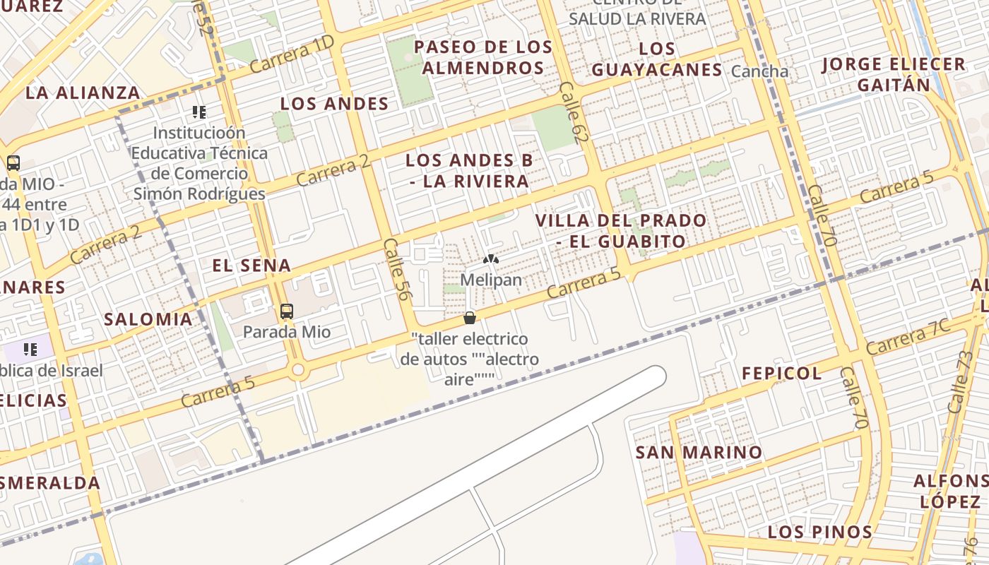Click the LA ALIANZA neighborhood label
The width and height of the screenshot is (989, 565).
click(x=83, y=93)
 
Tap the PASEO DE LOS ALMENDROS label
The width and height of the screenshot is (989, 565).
click(x=483, y=58)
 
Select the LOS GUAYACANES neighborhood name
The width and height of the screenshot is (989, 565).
click(x=657, y=59)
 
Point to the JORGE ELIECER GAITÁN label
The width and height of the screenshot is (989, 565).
click(x=894, y=75)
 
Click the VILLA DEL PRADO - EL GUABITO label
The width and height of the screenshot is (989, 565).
click(x=621, y=230)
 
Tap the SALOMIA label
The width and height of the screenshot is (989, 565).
click(x=148, y=319)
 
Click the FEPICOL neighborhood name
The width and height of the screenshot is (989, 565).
click(x=782, y=374)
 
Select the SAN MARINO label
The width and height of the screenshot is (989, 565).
click(x=699, y=452)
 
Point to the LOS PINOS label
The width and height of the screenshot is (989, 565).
click(x=820, y=532)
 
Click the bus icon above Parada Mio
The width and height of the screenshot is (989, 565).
click(x=286, y=311)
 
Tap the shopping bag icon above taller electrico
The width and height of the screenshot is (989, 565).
click(x=469, y=318)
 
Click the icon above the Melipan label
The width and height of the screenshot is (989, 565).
click(x=491, y=259)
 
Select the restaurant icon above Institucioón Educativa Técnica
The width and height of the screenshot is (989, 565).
click(x=199, y=112)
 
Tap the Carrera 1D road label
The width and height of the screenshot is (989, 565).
click(x=291, y=54)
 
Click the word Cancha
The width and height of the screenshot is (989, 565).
click(x=760, y=71)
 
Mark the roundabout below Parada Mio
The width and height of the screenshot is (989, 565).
click(x=297, y=369)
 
